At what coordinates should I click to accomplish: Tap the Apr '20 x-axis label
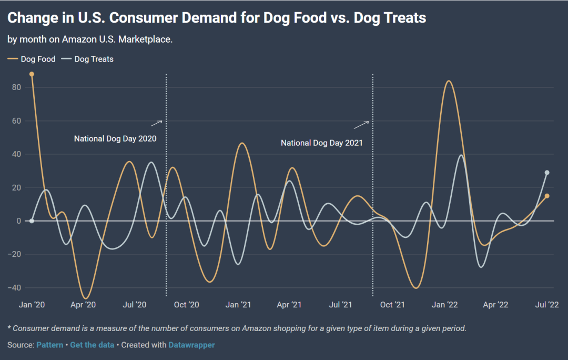[x=84, y=305]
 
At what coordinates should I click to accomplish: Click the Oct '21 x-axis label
[x=392, y=305]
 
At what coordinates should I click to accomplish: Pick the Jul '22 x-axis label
[x=547, y=305]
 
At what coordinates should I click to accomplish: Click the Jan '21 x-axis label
[x=238, y=305]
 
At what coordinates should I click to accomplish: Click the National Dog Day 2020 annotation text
[x=115, y=139]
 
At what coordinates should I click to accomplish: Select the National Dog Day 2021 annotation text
[x=322, y=143]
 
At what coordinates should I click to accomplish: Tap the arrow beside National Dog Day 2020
[x=156, y=123]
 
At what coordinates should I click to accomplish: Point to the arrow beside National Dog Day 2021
[x=361, y=125]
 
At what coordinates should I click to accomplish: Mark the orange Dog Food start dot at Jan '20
[x=32, y=74]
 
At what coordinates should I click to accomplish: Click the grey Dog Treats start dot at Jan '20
[x=32, y=221]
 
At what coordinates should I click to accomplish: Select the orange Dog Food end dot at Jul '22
[x=547, y=196]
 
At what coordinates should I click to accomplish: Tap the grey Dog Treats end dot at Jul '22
[x=547, y=173]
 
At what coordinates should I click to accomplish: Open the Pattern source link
[x=49, y=345]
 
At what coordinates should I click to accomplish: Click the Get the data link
[x=91, y=345]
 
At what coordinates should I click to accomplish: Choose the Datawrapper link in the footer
[x=191, y=345]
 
